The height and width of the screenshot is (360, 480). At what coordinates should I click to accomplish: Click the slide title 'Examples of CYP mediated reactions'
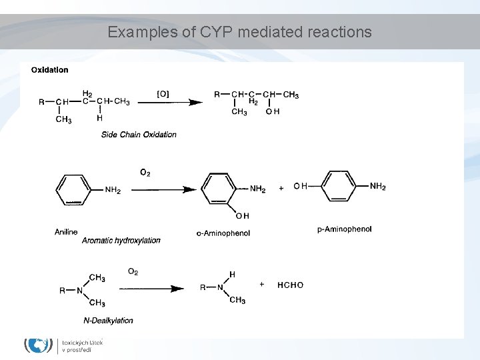[x=239, y=32]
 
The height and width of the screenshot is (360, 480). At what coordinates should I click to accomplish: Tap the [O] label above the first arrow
[x=163, y=94]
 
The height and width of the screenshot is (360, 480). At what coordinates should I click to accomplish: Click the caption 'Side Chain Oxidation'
[x=139, y=135]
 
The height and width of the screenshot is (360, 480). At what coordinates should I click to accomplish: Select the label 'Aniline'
[x=66, y=232]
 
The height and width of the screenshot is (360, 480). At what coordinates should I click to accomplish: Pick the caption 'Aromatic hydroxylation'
[x=121, y=240]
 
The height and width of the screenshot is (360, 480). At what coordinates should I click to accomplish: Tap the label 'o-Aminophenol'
[x=223, y=233]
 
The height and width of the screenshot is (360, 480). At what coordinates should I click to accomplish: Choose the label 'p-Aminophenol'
[x=345, y=229]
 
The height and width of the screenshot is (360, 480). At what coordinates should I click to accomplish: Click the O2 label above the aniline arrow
[x=145, y=173]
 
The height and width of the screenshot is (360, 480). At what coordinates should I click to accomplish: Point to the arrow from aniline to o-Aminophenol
[x=163, y=190]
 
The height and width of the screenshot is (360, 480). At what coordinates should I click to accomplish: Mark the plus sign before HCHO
[x=262, y=284]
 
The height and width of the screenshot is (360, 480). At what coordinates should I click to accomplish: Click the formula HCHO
[x=290, y=285]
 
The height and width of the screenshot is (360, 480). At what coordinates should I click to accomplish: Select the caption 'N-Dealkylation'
[x=107, y=321]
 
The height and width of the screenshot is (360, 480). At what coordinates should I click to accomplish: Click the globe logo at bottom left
[x=39, y=345]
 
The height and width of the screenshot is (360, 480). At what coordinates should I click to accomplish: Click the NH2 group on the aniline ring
[x=113, y=191]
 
